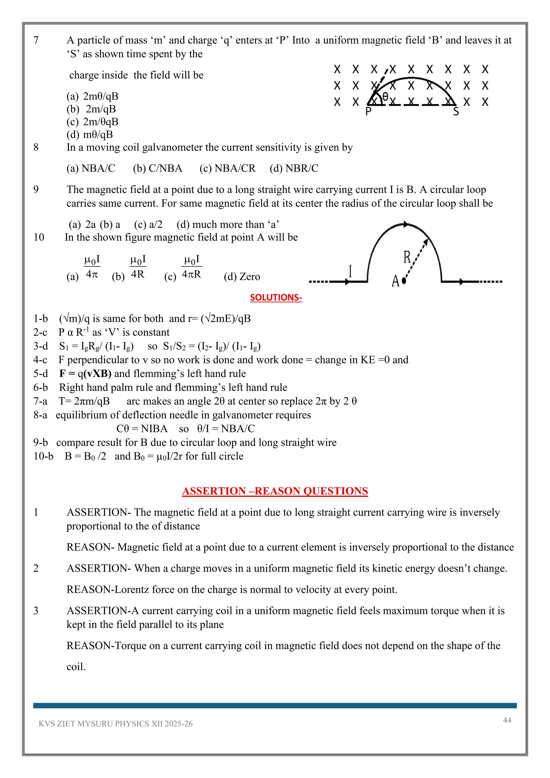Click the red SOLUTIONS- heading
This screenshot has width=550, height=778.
(x=276, y=297)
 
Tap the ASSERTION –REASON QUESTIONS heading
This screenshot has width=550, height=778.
(x=275, y=491)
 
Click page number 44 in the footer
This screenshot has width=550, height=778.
(x=507, y=720)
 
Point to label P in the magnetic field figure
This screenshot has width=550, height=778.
(x=368, y=111)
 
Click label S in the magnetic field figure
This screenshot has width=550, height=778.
(x=456, y=111)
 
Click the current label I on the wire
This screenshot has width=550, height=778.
(x=350, y=271)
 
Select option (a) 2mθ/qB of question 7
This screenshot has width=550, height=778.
(x=92, y=96)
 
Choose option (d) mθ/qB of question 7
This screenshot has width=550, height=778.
(x=90, y=135)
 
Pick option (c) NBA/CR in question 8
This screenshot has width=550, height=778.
(x=227, y=168)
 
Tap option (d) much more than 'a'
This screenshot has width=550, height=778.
(x=227, y=224)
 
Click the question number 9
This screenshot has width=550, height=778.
(x=36, y=189)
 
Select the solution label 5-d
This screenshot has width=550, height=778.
(x=40, y=373)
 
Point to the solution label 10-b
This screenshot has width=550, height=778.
(x=43, y=456)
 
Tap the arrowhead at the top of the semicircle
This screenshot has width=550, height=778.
(x=406, y=224)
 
